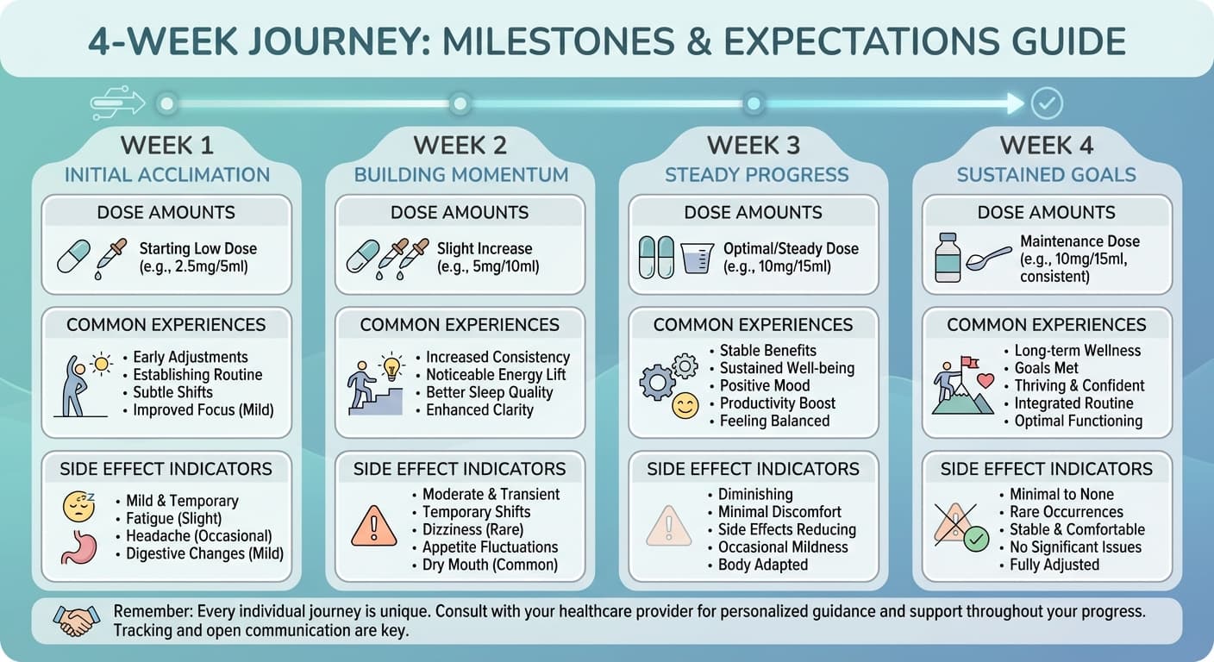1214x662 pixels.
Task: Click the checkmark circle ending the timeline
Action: [1047, 103]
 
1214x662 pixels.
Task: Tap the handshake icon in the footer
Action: [77, 621]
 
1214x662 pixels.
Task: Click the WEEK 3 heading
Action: [754, 145]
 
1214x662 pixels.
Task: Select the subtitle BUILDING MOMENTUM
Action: [461, 175]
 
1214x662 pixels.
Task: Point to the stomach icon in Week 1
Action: [79, 547]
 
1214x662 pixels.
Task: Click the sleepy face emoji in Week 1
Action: [79, 506]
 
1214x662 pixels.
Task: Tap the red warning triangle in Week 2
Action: [374, 526]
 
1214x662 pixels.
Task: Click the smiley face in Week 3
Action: [685, 406]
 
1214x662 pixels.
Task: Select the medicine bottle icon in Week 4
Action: [948, 258]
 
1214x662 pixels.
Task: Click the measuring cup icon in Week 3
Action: [697, 258]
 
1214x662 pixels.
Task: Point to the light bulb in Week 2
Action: [391, 366]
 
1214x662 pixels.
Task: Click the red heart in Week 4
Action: [986, 381]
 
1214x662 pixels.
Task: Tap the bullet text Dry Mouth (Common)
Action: [490, 565]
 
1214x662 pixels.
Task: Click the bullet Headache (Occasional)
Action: [199, 536]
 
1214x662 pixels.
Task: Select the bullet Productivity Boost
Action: [777, 403]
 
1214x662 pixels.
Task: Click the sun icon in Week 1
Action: [101, 364]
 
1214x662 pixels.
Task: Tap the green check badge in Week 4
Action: [976, 540]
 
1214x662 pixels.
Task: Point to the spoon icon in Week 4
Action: [989, 259]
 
